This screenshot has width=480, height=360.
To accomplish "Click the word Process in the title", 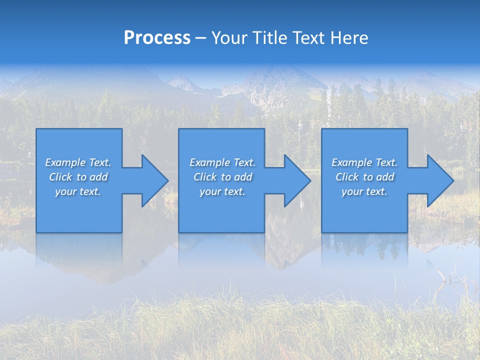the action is [x=157, y=37].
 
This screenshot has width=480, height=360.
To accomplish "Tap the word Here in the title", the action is [x=349, y=37].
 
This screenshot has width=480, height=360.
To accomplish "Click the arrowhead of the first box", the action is [x=155, y=180].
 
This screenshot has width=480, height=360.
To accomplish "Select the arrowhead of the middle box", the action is [x=297, y=180].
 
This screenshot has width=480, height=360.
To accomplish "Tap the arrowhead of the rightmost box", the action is [x=440, y=180].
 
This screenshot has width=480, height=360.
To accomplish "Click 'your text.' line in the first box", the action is [x=78, y=191].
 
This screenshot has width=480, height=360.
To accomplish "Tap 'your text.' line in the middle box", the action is [x=222, y=191].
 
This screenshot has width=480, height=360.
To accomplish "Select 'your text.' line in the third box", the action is [x=364, y=191].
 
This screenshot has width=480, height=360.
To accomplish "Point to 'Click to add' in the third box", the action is [x=364, y=176].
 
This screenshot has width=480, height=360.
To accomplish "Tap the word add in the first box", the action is [x=98, y=176].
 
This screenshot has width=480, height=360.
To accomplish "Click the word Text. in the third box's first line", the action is [x=387, y=162].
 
